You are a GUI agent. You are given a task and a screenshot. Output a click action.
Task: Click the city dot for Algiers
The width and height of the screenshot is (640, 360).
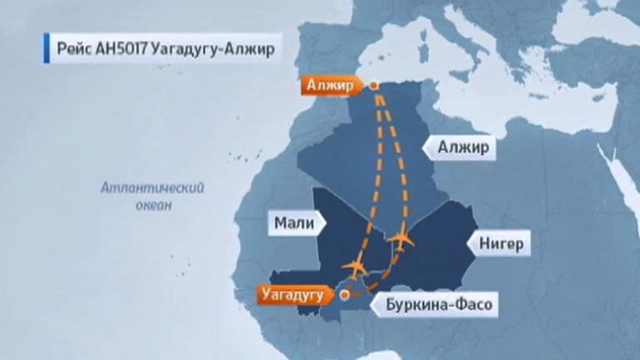click(x=375, y=86)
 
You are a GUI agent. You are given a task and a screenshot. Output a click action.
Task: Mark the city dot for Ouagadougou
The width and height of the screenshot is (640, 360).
click(x=345, y=295)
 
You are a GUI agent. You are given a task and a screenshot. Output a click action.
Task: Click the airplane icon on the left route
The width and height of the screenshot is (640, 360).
click(x=355, y=266)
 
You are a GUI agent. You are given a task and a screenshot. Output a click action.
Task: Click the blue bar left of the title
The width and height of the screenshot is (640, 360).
click(x=44, y=48)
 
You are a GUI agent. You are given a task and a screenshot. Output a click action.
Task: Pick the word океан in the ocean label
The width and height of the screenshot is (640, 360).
click(x=151, y=206)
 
